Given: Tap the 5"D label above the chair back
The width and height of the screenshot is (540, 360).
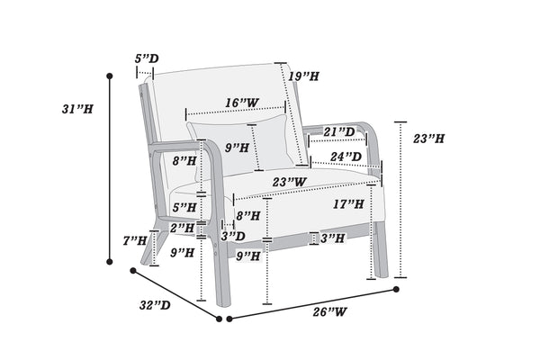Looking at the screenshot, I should [x=147, y=59].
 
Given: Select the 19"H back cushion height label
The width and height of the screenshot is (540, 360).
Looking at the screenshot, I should [x=304, y=76].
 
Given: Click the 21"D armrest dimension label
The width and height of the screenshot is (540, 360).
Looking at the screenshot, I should [x=339, y=132].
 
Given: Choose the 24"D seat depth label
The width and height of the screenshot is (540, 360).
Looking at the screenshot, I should [x=346, y=157].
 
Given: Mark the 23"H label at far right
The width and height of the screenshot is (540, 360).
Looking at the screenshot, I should [x=428, y=139].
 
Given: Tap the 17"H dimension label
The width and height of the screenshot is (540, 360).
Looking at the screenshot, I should [x=348, y=204].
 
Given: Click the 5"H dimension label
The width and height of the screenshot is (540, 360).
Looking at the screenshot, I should [x=184, y=207].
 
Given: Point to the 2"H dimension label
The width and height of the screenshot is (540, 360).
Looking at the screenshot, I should [x=184, y=228].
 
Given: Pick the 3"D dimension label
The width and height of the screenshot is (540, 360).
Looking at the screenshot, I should [x=233, y=237].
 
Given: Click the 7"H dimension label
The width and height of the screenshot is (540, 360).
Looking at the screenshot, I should [x=135, y=240].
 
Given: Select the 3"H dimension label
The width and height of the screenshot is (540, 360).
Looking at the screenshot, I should [x=332, y=238].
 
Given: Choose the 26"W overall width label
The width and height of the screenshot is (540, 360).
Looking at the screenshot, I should [x=330, y=312].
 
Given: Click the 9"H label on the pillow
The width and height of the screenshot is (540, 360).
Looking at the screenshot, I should [x=238, y=147].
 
